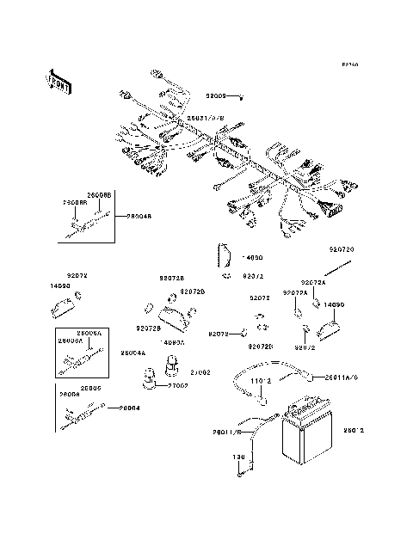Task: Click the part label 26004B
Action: coord(139,217)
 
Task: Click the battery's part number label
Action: coord(354,430)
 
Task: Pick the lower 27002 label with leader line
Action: coord(177,386)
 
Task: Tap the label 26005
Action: coord(92,388)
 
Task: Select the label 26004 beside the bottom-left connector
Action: coord(129,408)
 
